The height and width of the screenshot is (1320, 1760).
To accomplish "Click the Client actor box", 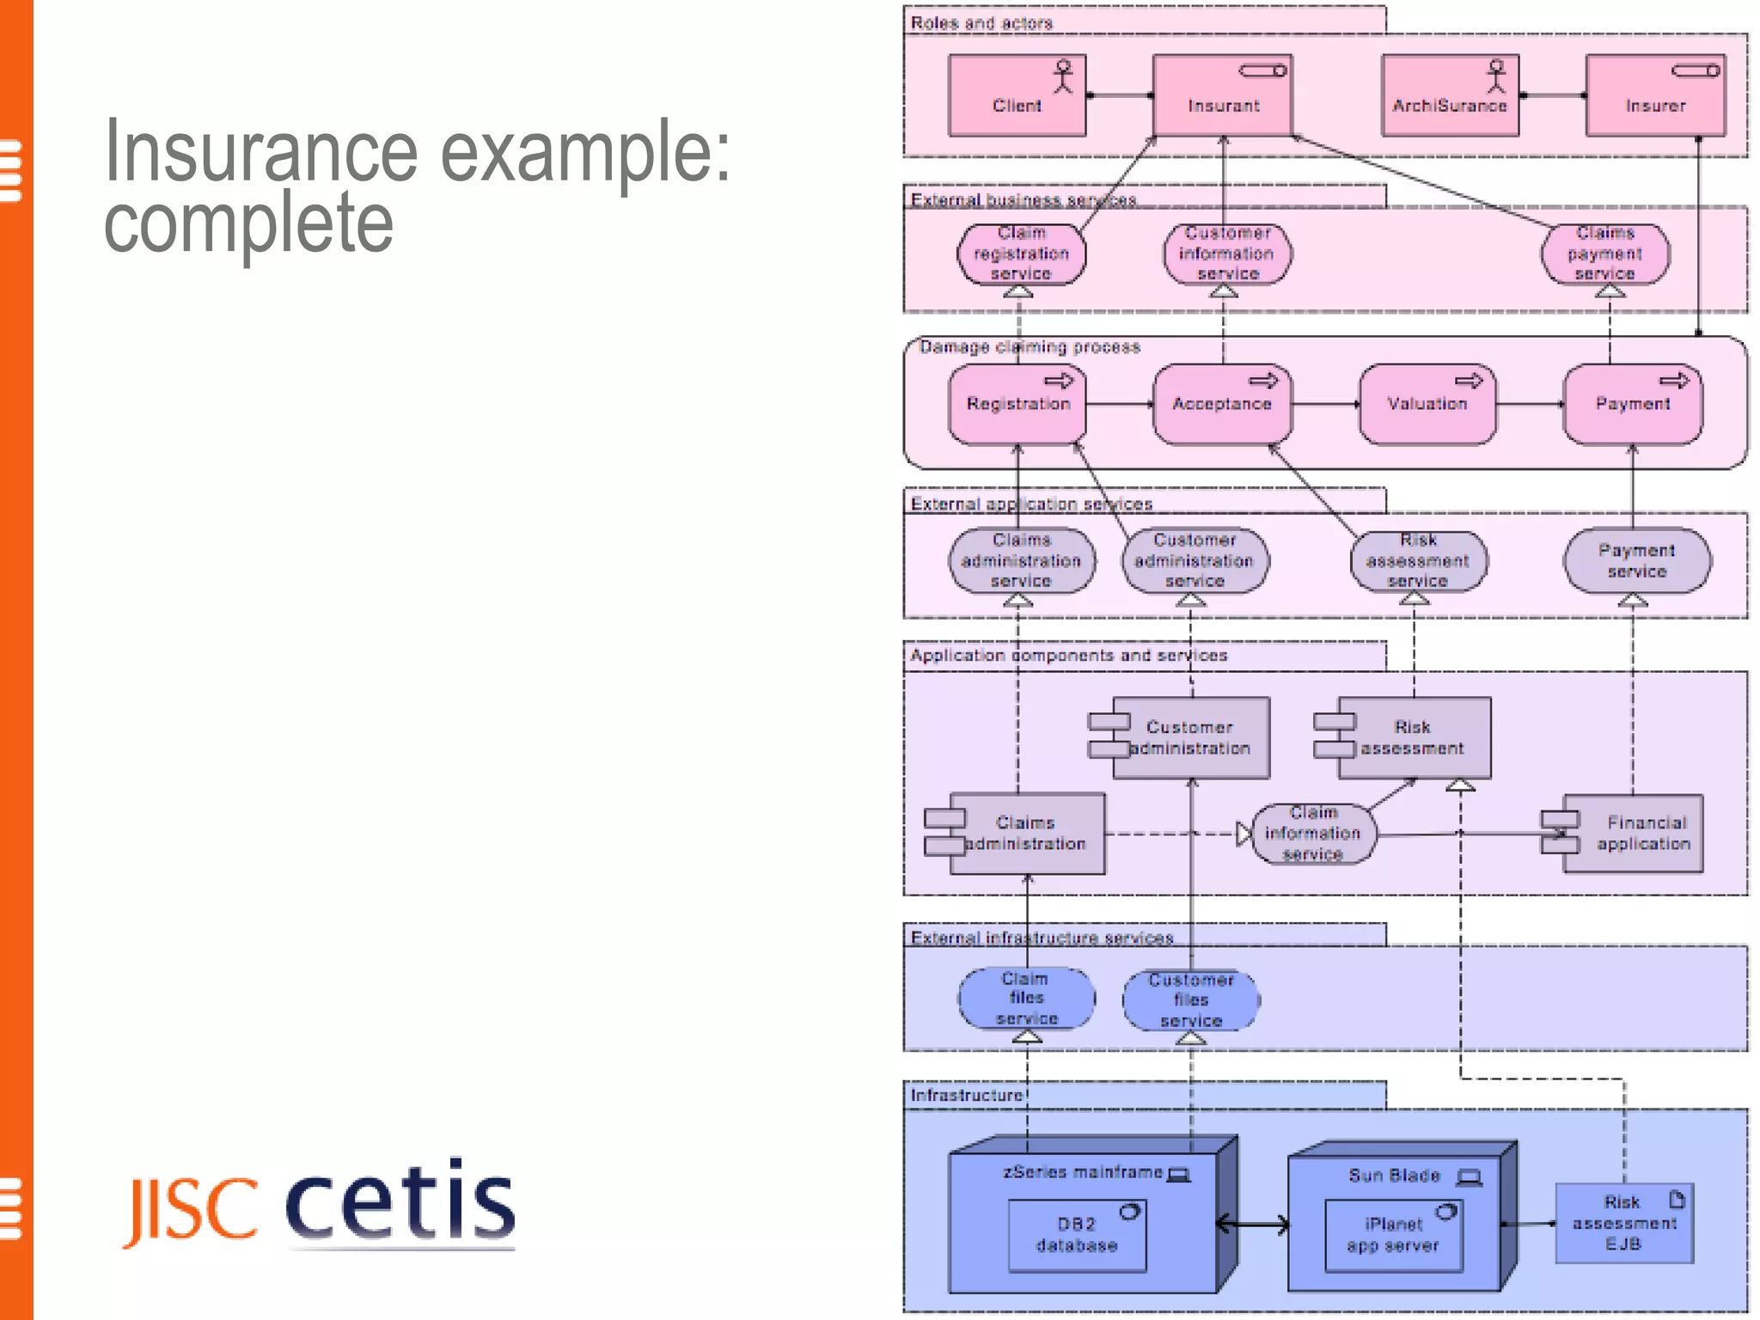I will pos(1017,95).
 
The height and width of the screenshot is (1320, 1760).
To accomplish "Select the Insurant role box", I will pos(1222,95).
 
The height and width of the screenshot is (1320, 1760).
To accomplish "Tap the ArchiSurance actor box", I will pos(1449,95).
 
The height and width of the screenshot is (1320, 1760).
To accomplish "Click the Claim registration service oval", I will pos(1021,254).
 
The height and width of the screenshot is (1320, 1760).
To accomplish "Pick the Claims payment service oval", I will pos(1604,254).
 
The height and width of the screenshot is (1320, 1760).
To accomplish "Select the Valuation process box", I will pos(1427,404).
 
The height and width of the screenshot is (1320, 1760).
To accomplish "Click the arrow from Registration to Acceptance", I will pos(1119,404).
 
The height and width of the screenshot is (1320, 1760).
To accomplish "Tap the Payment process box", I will pos(1632,404).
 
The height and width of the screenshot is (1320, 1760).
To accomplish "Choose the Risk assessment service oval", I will pos(1418,561).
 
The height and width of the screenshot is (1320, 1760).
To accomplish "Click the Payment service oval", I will pos(1636,561).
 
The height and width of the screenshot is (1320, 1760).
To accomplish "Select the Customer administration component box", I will pos(1190,738).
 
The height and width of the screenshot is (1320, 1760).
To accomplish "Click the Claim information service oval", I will pos(1313,834).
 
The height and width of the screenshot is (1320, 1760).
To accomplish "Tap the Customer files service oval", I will pos(1190,1000).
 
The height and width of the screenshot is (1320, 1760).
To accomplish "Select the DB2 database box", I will pos(1076,1236).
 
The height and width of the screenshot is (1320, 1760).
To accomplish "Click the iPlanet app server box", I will pos(1392,1236).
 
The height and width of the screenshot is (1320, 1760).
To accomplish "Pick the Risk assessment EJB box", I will pos(1623,1224).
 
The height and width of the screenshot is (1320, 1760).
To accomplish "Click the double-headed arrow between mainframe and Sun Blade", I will pos(1253,1225).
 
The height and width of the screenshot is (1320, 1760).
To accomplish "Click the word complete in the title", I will pos(248,222).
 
